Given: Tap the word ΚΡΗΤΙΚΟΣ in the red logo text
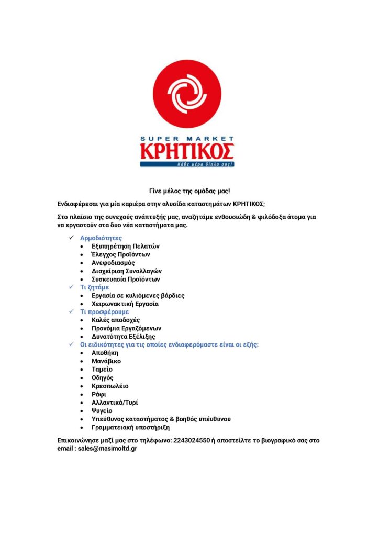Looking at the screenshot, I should point(187,151).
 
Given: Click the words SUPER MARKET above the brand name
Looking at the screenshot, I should point(187,139).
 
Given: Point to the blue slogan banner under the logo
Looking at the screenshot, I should point(187,164).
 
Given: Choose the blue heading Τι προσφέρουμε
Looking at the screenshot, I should point(104,312).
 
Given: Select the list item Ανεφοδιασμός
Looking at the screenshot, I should point(113,263).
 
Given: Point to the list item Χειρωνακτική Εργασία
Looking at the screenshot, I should point(125,304).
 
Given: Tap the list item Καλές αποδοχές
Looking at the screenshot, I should point(116,320).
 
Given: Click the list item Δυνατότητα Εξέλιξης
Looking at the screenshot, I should point(123,337).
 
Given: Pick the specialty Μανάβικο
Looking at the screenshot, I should point(106,361).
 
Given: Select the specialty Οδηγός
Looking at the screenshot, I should point(103,377).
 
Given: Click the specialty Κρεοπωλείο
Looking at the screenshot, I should point(110,386).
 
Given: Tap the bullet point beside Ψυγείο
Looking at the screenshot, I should point(82,411).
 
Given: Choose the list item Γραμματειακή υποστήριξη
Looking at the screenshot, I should point(130,427).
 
